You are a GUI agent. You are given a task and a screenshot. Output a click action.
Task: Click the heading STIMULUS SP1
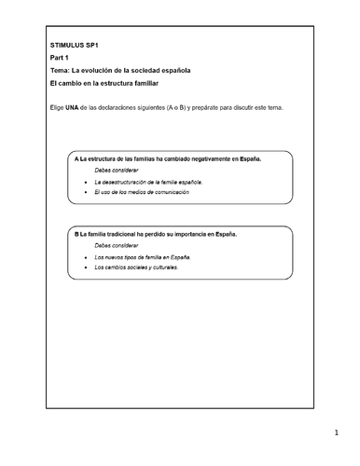point(75,45)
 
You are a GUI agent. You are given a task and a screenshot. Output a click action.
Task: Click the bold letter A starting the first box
point(76,159)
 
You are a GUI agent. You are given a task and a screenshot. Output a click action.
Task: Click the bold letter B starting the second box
point(76,234)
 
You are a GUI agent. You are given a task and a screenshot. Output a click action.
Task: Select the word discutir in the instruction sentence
point(240,108)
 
